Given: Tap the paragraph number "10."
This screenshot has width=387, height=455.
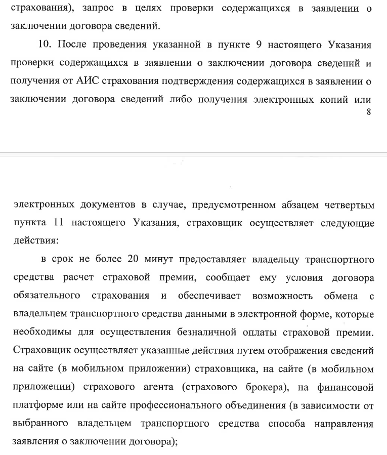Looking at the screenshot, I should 45,46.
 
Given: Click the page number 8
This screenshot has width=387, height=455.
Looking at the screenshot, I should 369,112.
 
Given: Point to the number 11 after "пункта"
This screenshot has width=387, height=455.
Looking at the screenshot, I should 58,223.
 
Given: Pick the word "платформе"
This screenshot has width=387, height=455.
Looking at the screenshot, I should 35,406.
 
